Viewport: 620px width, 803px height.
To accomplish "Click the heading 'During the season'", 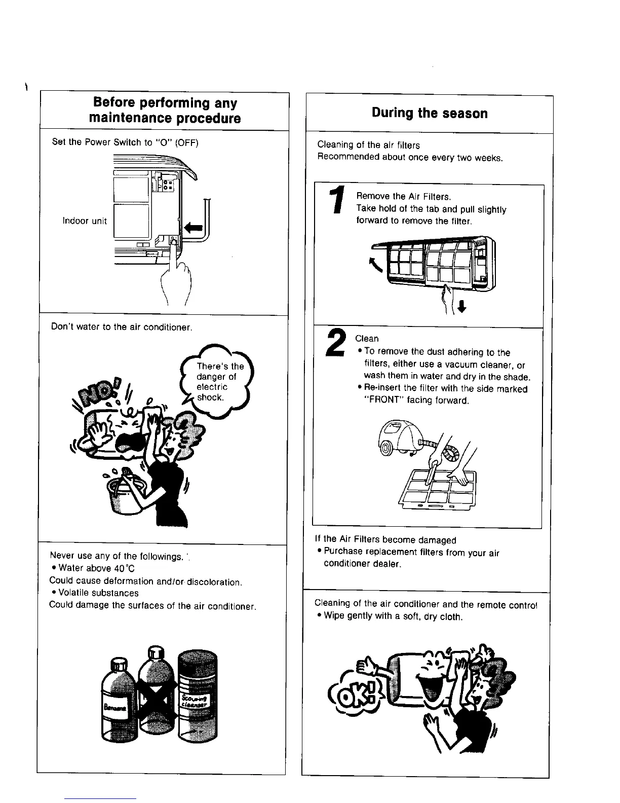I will [430, 113].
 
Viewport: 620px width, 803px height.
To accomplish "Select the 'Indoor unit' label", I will [85, 221].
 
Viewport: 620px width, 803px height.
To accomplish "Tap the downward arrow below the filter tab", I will [461, 306].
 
